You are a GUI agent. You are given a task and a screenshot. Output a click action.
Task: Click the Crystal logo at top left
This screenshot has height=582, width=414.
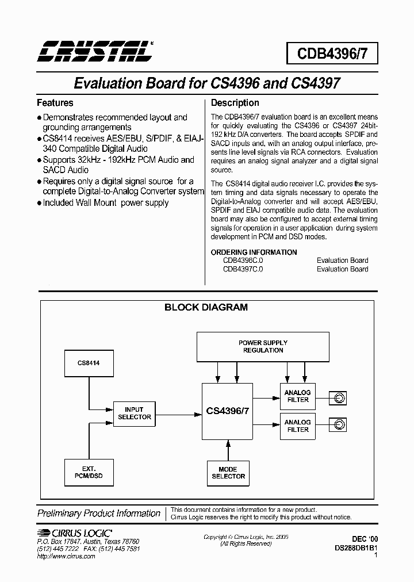click(x=95, y=51)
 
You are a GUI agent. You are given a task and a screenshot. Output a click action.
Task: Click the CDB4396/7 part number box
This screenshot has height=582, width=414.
click(x=328, y=53)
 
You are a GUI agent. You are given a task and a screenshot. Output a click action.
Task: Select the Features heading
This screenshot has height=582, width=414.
click(x=55, y=103)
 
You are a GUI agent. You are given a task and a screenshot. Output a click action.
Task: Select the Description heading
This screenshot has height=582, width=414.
click(x=235, y=103)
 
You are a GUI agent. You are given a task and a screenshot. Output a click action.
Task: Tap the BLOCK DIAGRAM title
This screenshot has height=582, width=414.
click(x=206, y=307)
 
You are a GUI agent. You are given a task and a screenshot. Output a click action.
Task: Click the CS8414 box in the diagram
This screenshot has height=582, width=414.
click(x=89, y=363)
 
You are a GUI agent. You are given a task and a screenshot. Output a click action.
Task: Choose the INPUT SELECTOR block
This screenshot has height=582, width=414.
click(x=134, y=413)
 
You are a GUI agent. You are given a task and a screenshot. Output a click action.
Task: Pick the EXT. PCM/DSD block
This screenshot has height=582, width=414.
click(x=89, y=473)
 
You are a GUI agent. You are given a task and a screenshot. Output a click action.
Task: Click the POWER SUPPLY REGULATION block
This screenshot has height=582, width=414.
click(x=263, y=346)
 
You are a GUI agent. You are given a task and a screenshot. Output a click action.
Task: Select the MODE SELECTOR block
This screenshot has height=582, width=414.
click(x=228, y=473)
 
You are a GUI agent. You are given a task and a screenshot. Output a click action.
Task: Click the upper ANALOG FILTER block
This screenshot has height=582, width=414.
click(x=297, y=396)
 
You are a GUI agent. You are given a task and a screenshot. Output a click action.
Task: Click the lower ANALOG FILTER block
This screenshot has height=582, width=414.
click(x=297, y=426)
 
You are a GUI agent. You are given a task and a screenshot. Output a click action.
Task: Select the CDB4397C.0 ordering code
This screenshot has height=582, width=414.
click(x=243, y=269)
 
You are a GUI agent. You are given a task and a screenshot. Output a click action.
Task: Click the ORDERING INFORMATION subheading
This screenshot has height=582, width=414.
click(x=254, y=252)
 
